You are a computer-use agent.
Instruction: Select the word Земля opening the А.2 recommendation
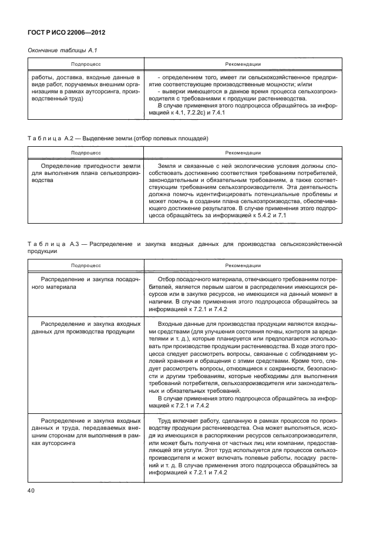point(170,166)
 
